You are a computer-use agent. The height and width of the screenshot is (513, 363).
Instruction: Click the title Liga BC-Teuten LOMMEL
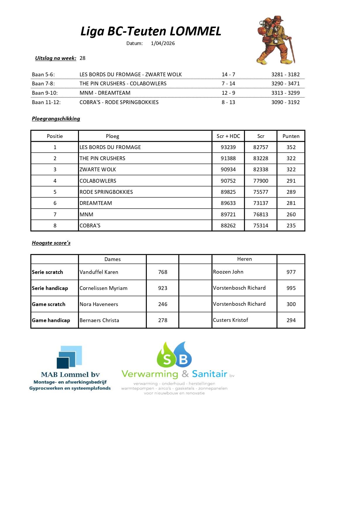tap(151, 31)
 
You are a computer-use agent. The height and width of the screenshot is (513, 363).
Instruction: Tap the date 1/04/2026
tap(163, 43)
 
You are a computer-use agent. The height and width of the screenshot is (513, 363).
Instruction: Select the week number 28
tap(82, 58)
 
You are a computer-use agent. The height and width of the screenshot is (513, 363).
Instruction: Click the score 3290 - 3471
tap(285, 84)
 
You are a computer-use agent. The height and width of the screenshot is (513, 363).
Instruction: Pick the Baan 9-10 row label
tap(45, 93)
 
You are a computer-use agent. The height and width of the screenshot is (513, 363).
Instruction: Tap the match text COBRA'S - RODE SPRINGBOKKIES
tap(119, 102)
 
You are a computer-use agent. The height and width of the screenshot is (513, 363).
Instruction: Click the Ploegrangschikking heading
tap(56, 119)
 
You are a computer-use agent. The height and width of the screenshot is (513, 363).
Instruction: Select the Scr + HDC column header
tap(228, 136)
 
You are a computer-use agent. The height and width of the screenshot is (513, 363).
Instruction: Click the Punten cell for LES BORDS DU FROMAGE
tap(291, 147)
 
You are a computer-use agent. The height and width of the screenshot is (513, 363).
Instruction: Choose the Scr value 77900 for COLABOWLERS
tap(261, 181)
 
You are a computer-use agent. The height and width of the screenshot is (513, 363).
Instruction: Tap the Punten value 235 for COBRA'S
tap(291, 226)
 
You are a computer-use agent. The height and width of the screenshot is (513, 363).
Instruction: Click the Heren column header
tap(244, 259)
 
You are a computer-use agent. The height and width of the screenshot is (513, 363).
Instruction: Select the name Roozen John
tap(228, 272)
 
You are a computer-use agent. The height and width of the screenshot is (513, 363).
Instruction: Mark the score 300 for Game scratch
tap(291, 304)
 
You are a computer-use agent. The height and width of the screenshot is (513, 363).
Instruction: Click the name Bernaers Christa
tap(99, 320)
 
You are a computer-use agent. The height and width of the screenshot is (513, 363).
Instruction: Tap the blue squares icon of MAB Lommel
tap(70, 357)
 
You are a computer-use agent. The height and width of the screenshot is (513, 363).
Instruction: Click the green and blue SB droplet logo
tap(174, 355)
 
